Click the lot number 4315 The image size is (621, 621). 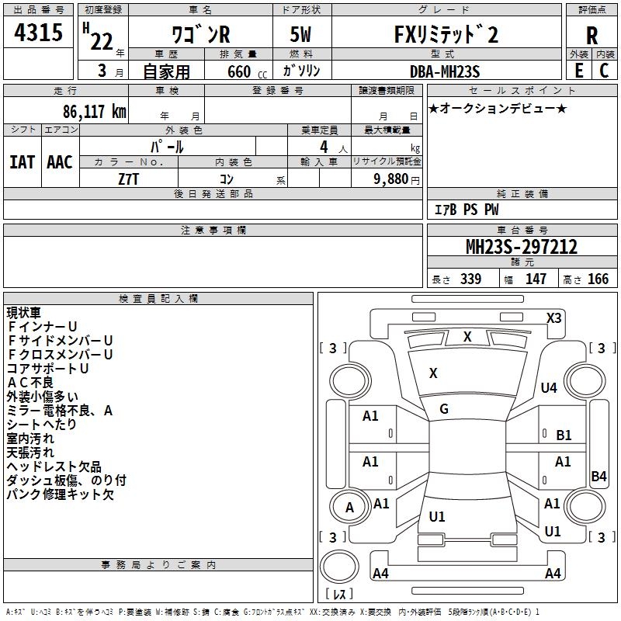[x=38, y=32]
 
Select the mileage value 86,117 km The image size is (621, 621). [x=95, y=112]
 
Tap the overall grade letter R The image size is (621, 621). [x=592, y=36]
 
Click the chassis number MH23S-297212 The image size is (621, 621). [x=522, y=247]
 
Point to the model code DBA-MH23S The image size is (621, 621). [x=445, y=71]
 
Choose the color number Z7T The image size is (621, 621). [x=129, y=179]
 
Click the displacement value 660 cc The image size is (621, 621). [x=247, y=72]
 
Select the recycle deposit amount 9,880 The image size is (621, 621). [x=391, y=179]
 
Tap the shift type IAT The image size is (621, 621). [x=23, y=162]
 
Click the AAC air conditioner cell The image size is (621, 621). [x=60, y=162]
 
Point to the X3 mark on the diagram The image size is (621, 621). [x=553, y=318]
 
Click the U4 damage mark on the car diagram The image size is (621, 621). [x=549, y=387]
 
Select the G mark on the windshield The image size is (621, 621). [x=444, y=409]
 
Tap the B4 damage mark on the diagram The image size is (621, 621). [x=598, y=476]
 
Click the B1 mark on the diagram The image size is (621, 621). [x=564, y=435]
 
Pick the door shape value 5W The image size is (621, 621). [x=301, y=34]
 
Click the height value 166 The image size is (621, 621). [x=598, y=279]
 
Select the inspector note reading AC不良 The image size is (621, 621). [x=30, y=382]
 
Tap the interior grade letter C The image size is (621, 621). [x=604, y=71]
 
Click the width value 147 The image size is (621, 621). [x=536, y=279]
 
